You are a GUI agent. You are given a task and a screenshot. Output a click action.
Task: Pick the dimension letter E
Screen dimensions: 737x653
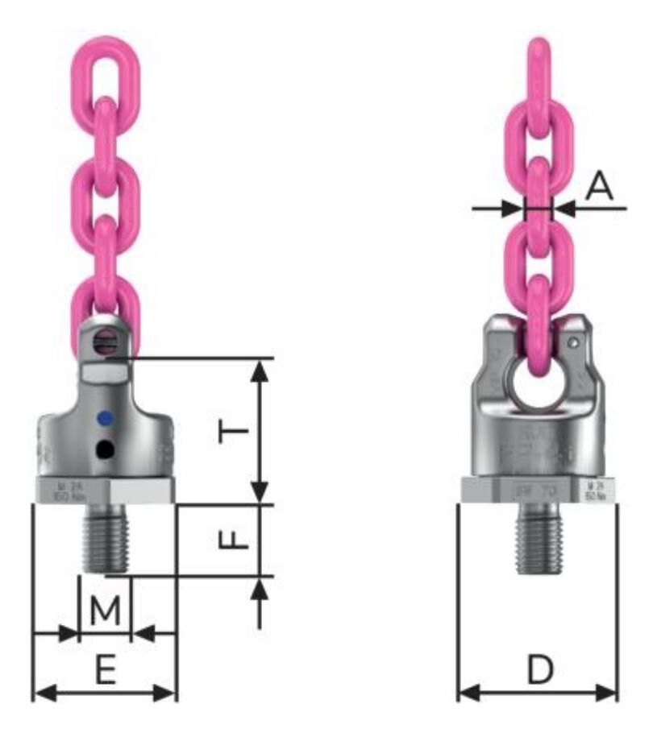pyautogui.click(x=103, y=670)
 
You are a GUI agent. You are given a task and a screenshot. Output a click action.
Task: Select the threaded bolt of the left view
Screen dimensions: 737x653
pyautogui.click(x=105, y=536)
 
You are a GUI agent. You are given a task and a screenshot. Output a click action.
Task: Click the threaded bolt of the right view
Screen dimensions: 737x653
pyautogui.click(x=538, y=536)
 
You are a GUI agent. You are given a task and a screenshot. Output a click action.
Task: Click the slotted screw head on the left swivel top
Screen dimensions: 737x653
pyautogui.click(x=104, y=343)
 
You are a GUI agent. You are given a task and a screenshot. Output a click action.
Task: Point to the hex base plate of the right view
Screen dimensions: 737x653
pyautogui.click(x=538, y=489)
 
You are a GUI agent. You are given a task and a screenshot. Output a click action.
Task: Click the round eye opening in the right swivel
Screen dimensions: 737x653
pyautogui.click(x=539, y=387)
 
